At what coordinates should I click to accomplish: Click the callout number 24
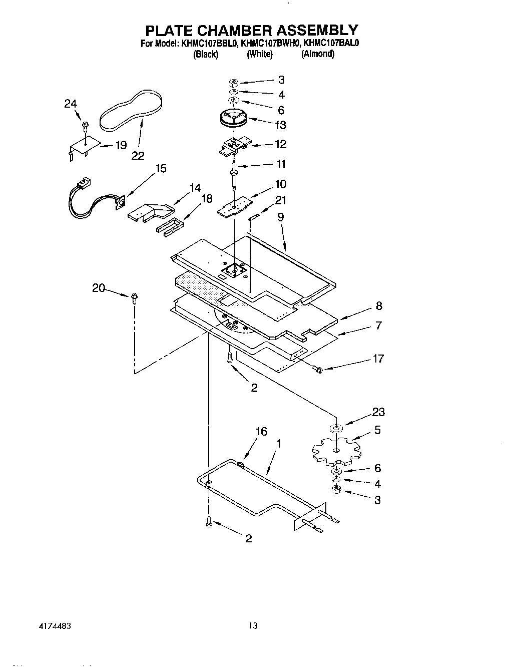point(71,104)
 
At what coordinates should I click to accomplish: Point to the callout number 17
point(378,359)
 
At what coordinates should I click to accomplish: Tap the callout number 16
point(261,432)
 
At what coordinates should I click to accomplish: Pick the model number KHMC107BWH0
point(269,44)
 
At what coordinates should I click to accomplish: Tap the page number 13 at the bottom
point(253,625)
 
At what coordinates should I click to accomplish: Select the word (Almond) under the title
point(317,54)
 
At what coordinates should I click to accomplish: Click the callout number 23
point(378,412)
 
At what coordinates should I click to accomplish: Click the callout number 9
point(281,217)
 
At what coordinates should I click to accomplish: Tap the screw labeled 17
point(316,370)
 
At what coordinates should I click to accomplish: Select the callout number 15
point(161,168)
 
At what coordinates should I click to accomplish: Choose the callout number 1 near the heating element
point(278,443)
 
